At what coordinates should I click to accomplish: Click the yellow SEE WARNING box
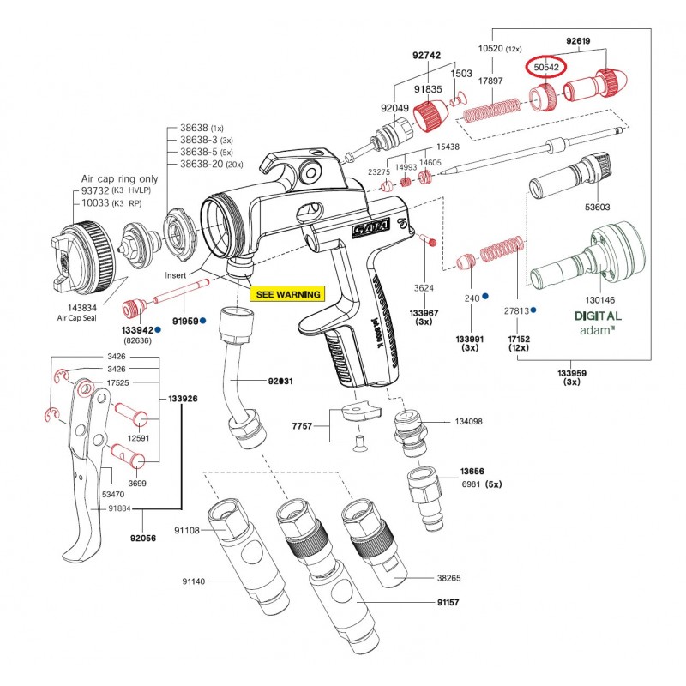click(x=288, y=294)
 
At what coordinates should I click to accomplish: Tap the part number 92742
click(x=425, y=55)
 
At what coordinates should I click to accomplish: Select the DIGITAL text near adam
click(x=598, y=316)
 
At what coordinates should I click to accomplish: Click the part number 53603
click(x=598, y=207)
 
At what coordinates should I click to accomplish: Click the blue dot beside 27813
click(x=533, y=310)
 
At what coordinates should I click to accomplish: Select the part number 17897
click(x=490, y=80)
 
